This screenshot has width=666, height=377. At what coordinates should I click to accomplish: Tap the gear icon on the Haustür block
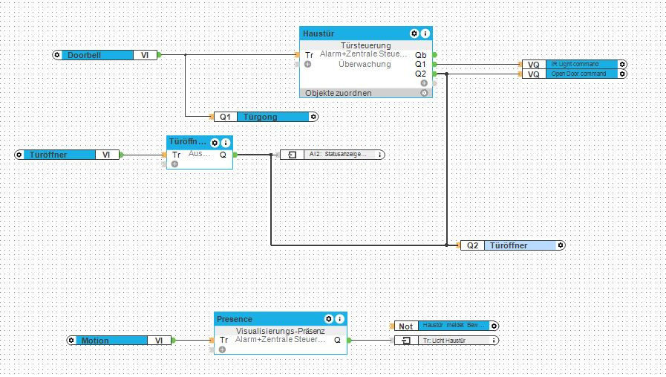(x=414, y=33)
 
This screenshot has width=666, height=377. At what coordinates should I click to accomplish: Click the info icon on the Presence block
(x=340, y=318)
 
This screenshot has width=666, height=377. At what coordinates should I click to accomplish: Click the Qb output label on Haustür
(x=421, y=55)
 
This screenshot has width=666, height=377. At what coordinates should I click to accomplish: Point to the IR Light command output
(x=583, y=65)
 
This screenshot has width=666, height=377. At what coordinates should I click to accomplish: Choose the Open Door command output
(x=583, y=74)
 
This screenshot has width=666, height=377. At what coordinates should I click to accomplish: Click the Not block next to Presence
(x=405, y=326)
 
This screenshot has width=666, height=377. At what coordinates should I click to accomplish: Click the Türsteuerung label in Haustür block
(x=365, y=45)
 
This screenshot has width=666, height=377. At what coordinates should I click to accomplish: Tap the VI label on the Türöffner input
(x=105, y=155)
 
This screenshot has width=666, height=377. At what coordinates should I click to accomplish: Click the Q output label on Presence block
(x=338, y=340)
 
